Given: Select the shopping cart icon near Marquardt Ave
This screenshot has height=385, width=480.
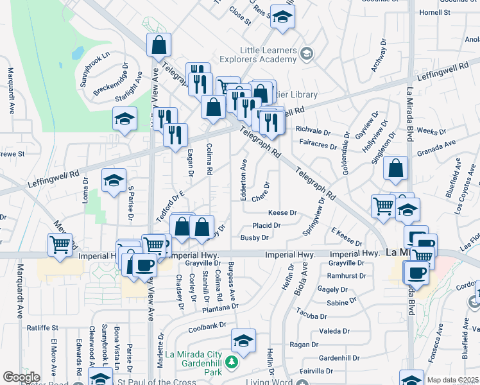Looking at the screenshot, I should click(x=60, y=244).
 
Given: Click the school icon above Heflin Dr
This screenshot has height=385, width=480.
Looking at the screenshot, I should click(x=243, y=341).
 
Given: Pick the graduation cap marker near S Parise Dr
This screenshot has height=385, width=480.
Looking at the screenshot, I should click(x=114, y=181).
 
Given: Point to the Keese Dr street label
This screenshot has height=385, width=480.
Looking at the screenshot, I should click(x=282, y=212).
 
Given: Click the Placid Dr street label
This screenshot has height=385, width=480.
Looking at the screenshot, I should click(x=266, y=225).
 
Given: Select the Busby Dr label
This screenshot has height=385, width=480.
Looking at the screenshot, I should click(x=254, y=237).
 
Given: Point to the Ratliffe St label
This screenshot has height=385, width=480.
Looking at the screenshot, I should click(x=42, y=328).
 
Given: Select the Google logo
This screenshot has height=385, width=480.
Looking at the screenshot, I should click(x=21, y=377).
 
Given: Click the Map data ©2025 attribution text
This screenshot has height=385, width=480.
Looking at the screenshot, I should click(x=452, y=380).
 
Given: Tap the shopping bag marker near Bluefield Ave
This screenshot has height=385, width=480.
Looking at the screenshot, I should click(x=396, y=168).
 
